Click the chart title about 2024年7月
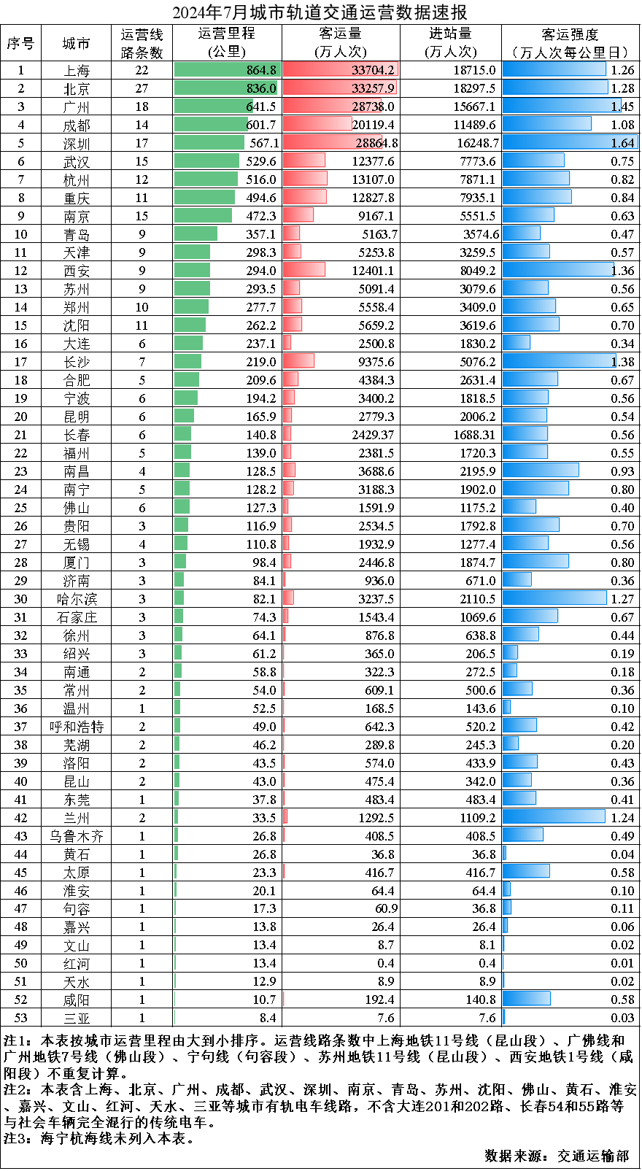(320, 12)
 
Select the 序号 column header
(20, 43)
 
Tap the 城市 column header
(76, 43)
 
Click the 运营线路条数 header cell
(142, 43)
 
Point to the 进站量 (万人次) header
(450, 43)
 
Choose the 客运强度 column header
(570, 43)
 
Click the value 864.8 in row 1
(261, 70)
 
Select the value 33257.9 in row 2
(373, 88)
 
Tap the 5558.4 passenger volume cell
(376, 307)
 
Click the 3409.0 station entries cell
(477, 307)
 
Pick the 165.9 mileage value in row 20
(260, 417)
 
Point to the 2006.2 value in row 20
(477, 417)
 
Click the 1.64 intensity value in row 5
(622, 143)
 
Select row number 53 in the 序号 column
(20, 1018)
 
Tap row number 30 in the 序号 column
(20, 599)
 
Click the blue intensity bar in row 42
(553, 817)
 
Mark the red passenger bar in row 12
(304, 270)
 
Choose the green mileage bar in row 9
(203, 215)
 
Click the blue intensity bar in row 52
(526, 999)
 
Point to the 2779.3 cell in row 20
(376, 417)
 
